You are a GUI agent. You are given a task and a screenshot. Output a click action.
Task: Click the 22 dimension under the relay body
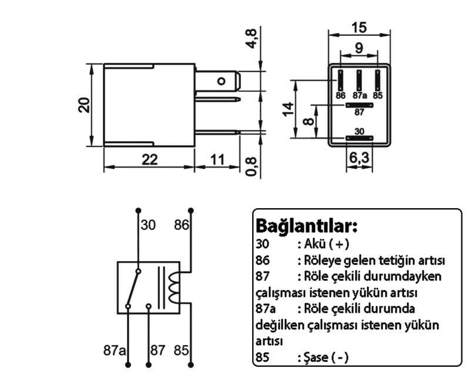(150, 160)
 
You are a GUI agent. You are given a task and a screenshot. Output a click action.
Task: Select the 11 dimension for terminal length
(217, 160)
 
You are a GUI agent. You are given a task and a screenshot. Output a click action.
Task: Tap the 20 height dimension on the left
(84, 105)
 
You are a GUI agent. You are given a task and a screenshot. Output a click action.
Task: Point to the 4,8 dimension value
(252, 38)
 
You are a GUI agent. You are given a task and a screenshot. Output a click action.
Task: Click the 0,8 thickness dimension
(252, 166)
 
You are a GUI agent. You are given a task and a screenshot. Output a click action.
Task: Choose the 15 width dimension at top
(360, 27)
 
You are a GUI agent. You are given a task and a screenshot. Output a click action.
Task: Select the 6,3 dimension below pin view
(359, 158)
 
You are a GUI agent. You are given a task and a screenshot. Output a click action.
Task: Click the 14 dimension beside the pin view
(288, 109)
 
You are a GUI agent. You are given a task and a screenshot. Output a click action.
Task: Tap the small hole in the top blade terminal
(222, 81)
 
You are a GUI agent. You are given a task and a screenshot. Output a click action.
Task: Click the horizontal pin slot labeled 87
(359, 105)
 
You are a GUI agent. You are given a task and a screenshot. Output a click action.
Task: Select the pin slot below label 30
(359, 138)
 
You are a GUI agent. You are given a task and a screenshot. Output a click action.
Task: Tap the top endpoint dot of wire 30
(139, 210)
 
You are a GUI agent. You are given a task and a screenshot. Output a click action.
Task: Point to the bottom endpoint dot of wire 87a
(128, 364)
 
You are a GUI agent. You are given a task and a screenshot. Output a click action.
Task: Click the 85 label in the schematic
(181, 350)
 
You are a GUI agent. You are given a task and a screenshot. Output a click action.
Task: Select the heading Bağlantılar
(307, 226)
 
